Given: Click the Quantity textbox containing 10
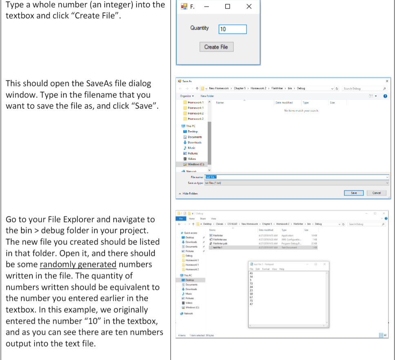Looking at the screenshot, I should (x=233, y=29).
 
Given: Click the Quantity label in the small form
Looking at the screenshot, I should (x=199, y=28).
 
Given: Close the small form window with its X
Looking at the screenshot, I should (x=249, y=7).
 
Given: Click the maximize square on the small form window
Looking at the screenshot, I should (x=227, y=7).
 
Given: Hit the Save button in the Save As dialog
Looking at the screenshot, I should (x=354, y=193).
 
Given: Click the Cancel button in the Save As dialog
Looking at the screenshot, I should (x=377, y=193).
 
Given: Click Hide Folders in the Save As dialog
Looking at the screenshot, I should (x=188, y=193).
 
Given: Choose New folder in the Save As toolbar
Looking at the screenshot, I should (x=207, y=96).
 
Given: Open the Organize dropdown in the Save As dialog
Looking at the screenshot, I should (x=186, y=96).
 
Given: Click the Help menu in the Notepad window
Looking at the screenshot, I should (x=282, y=269).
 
